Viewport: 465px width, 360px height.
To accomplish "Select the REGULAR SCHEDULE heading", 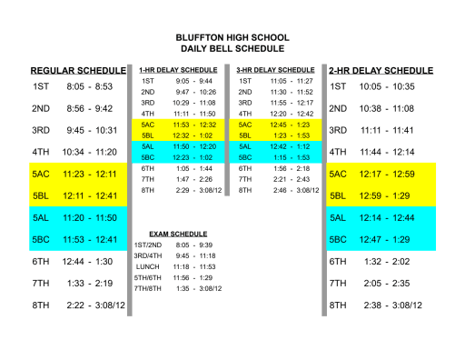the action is tap(78, 70).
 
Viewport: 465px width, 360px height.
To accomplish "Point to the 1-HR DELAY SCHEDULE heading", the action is tap(178, 69).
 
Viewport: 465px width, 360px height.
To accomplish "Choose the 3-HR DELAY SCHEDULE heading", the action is tap(274, 69).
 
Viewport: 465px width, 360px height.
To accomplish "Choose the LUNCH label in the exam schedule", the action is tap(145, 266).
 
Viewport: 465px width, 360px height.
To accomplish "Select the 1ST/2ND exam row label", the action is tap(147, 245).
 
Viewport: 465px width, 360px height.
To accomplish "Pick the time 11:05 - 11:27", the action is tap(291, 81).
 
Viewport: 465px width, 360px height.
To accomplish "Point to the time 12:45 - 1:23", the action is tap(291, 125).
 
